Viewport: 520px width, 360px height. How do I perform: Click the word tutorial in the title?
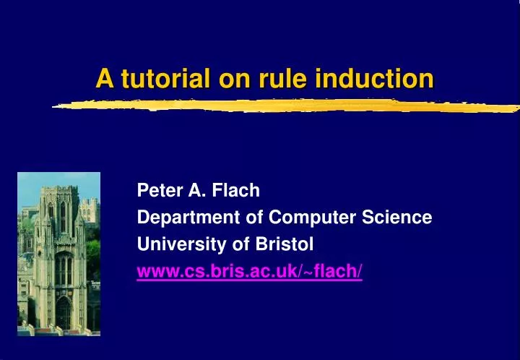(x=155, y=78)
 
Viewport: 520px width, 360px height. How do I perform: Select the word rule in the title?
(x=288, y=78)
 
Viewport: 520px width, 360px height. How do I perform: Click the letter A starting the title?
(x=104, y=78)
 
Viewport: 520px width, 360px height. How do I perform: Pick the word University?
(x=171, y=244)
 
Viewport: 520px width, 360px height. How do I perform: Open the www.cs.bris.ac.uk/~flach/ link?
(x=250, y=271)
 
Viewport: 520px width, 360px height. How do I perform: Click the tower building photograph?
(x=58, y=254)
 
